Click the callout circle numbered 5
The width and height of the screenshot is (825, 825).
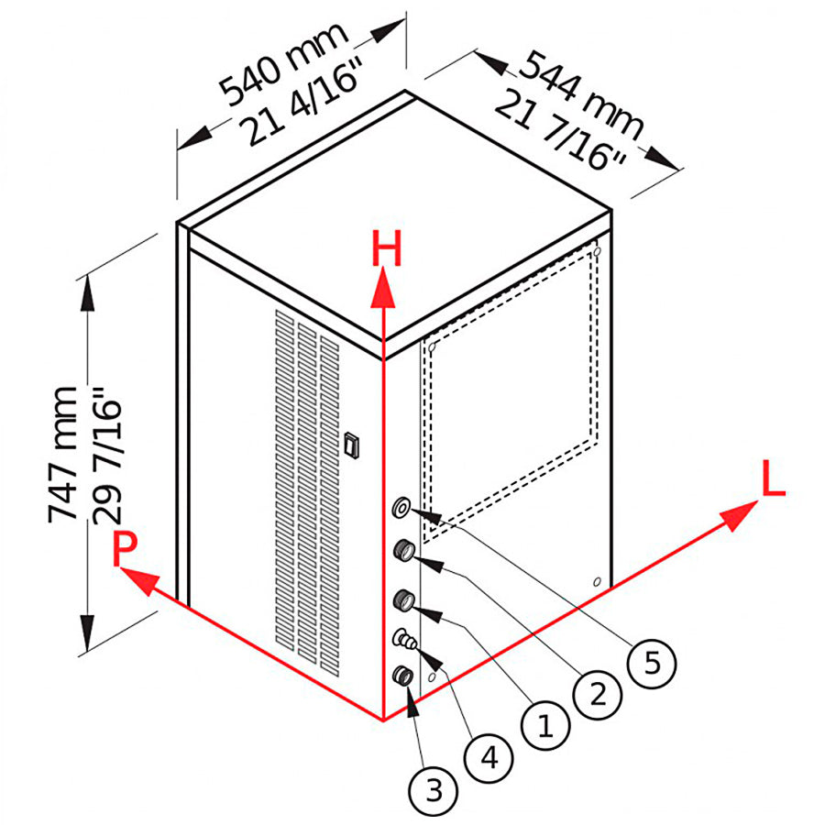coord(652,662)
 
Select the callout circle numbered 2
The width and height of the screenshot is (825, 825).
coord(597,694)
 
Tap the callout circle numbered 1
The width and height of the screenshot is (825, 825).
coord(544,727)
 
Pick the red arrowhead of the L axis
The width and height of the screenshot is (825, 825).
coord(740,515)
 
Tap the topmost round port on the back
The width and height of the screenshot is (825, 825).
coord(402,507)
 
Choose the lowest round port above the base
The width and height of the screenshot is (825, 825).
coord(402,676)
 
